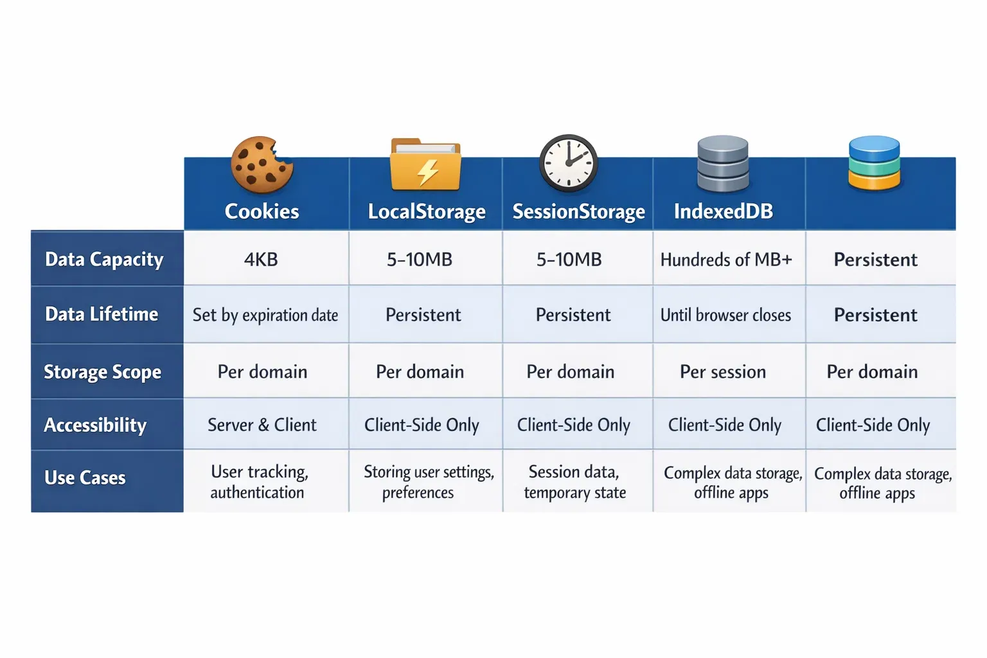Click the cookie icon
coord(262,164)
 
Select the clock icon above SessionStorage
coord(568,163)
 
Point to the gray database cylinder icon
coord(723,164)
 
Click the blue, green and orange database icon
coord(874,163)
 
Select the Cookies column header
coord(262,211)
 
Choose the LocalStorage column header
coord(426,211)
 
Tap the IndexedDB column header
coord(723,211)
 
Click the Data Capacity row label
coord(104,260)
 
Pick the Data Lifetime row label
coord(102,314)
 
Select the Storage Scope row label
coord(102,372)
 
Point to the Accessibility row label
coord(95,425)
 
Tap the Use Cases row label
coord(85,478)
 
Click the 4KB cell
coord(261,260)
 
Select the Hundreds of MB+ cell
coord(726,260)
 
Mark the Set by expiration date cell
coord(265,315)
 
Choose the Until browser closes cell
coord(725,315)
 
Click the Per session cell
coord(723,372)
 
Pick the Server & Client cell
coord(262,425)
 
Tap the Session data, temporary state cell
coord(574,482)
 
